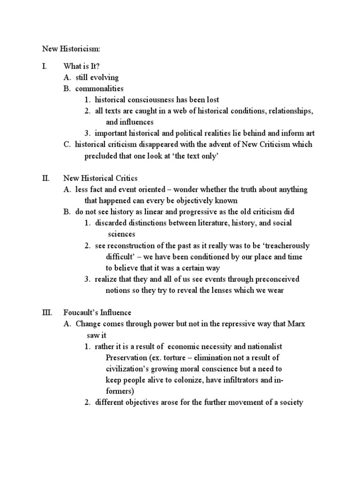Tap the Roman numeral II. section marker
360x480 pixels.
45,178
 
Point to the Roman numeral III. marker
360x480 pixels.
46,313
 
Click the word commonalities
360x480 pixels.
99,89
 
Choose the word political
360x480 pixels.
196,133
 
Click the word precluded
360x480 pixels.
101,156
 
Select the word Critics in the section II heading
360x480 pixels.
124,178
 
